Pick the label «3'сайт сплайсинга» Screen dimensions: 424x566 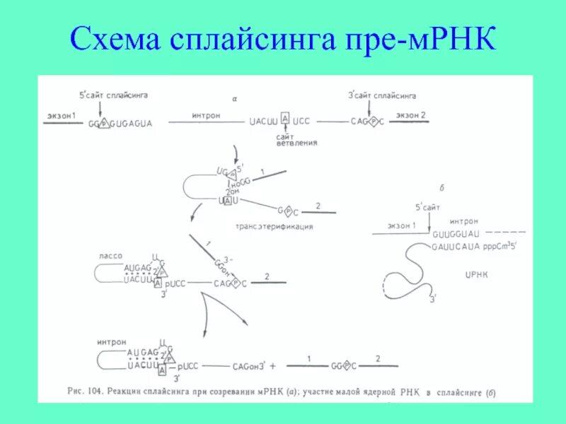(x=382, y=95)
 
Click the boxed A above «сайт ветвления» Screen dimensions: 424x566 (x=285, y=118)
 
